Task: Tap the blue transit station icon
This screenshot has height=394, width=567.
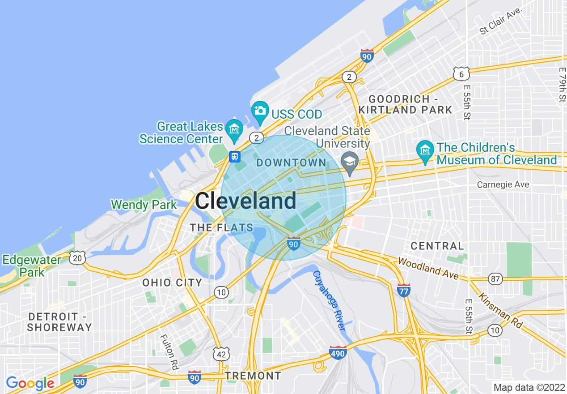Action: pos(235,157)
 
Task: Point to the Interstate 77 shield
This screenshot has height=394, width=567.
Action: pos(404,290)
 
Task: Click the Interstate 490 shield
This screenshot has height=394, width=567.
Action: pos(338,353)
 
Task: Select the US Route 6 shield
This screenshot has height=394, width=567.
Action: pos(461,74)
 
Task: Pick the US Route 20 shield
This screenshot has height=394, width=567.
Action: pos(77,257)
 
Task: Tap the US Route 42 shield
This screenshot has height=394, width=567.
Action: pos(221,354)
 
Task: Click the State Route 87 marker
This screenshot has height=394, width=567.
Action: pos(495,278)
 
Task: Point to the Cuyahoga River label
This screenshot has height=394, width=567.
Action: pos(329,300)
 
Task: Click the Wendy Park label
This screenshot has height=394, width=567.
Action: pos(144,205)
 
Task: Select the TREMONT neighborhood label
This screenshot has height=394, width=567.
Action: pos(253,375)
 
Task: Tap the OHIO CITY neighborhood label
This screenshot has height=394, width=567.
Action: pos(172,283)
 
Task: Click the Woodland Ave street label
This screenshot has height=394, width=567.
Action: pos(428,268)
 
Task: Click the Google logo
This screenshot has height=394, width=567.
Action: pos(30,383)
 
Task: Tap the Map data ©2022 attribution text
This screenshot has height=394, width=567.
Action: pos(528,387)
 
